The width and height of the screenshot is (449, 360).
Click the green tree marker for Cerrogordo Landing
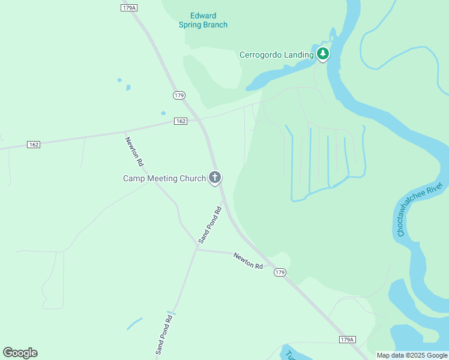pyautogui.click(x=323, y=54)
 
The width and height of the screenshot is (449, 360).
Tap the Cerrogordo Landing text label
pyautogui.click(x=276, y=55)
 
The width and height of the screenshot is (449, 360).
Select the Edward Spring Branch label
pyautogui.click(x=203, y=20)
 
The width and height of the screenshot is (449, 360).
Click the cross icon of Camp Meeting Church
pyautogui.click(x=215, y=178)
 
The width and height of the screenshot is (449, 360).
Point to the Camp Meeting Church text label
pyautogui.click(x=164, y=178)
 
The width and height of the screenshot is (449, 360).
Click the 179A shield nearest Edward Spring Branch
pyautogui.click(x=129, y=7)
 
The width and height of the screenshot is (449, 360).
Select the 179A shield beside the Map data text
pyautogui.click(x=348, y=340)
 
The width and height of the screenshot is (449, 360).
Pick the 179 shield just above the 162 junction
pyautogui.click(x=179, y=95)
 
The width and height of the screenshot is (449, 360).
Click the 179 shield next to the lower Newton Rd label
pyautogui.click(x=280, y=272)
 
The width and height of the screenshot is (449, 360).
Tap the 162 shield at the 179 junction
pyautogui.click(x=181, y=121)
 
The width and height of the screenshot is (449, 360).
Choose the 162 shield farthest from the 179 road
pyautogui.click(x=34, y=145)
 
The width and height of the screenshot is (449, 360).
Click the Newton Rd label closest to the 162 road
pyautogui.click(x=134, y=152)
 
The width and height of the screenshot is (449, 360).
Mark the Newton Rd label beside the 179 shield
pyautogui.click(x=248, y=261)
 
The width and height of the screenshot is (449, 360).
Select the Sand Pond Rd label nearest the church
pyautogui.click(x=210, y=225)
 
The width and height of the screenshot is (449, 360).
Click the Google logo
pyautogui.click(x=20, y=353)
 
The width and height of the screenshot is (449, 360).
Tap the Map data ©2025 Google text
pyautogui.click(x=412, y=355)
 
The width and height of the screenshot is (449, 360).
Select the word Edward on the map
pyautogui.click(x=203, y=16)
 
